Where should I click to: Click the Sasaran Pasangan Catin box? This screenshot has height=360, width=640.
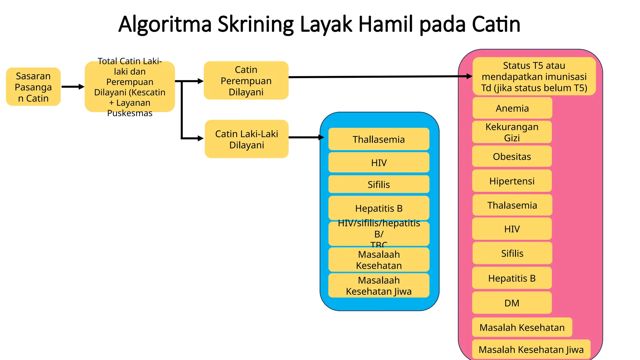tap(33, 87)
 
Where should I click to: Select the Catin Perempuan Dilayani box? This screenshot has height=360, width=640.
tap(246, 81)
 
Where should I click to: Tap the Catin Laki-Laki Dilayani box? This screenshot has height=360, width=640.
tap(247, 139)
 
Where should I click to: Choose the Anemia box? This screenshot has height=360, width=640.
tap(512, 108)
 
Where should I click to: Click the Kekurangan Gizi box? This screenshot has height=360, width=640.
tap(512, 132)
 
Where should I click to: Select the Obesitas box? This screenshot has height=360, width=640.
tap(512, 156)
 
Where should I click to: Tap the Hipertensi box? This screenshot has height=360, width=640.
tap(512, 181)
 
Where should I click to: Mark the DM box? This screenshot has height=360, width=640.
tap(512, 303)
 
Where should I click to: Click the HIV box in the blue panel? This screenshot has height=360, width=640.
tap(379, 162)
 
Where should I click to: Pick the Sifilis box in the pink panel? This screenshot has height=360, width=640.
tap(512, 253)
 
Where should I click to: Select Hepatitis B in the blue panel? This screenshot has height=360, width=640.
tap(379, 208)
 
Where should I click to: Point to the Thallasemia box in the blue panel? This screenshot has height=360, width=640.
tap(379, 139)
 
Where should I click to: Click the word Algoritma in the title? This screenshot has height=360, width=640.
tap(165, 24)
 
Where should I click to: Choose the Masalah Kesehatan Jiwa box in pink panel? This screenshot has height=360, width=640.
tap(531, 349)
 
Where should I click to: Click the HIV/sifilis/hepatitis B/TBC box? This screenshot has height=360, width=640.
tap(379, 234)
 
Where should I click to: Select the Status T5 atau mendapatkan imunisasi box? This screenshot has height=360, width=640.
tap(534, 77)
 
